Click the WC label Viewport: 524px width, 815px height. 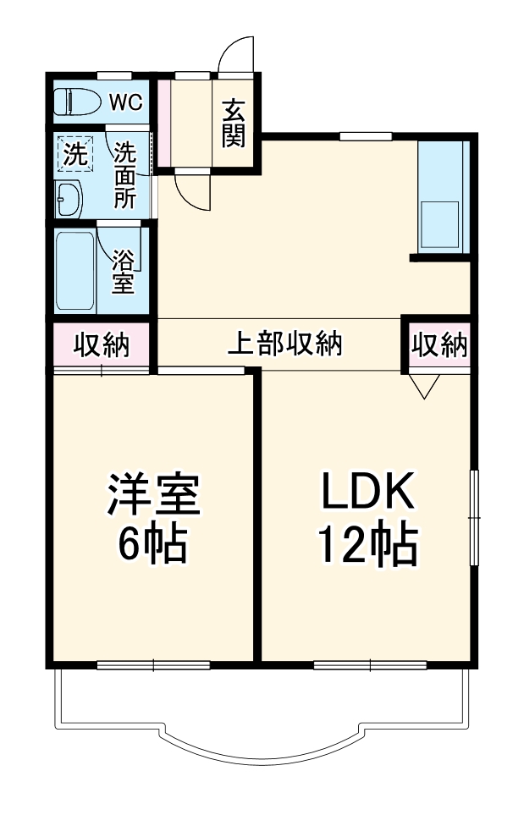click(125, 102)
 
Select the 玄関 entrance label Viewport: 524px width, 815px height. click(234, 124)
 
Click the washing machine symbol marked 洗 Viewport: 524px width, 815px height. click(75, 155)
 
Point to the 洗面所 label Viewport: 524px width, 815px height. click(125, 175)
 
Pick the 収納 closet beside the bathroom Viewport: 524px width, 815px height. click(101, 345)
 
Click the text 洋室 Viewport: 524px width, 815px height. click(152, 495)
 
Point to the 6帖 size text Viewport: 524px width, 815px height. click(152, 546)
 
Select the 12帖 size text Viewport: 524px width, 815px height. click(367, 546)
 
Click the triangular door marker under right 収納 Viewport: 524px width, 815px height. click(424, 385)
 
